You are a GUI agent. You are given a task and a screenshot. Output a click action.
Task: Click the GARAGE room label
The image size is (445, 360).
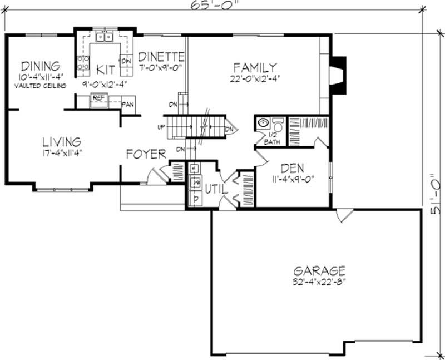319,271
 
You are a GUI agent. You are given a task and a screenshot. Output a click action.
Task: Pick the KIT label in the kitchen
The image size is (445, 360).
105,70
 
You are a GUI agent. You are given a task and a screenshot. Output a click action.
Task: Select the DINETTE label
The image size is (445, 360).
161,56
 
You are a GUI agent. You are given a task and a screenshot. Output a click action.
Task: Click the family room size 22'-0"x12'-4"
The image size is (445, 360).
254,78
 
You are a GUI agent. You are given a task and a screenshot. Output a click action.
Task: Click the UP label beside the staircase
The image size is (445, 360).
162,127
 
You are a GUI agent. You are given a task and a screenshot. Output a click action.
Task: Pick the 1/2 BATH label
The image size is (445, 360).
272,139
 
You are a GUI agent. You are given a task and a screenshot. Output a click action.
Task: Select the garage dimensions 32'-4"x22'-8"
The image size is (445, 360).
319,282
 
